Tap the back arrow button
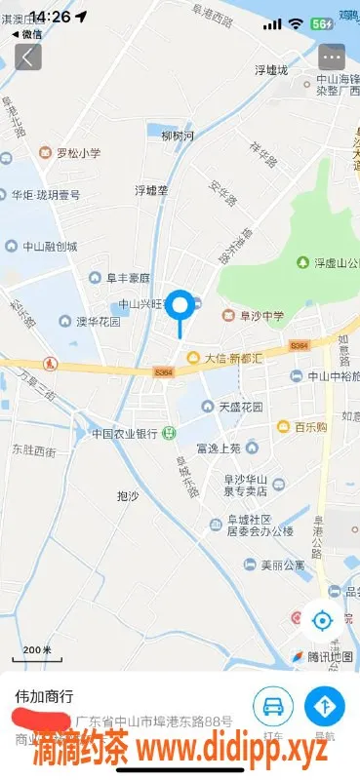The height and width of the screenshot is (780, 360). (26, 57)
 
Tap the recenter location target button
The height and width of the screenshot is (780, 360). (322, 619)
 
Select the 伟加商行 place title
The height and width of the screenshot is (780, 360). (44, 697)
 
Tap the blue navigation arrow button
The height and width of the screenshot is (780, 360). (325, 705)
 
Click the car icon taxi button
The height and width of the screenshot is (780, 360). (273, 705)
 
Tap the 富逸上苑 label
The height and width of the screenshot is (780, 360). (218, 448)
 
